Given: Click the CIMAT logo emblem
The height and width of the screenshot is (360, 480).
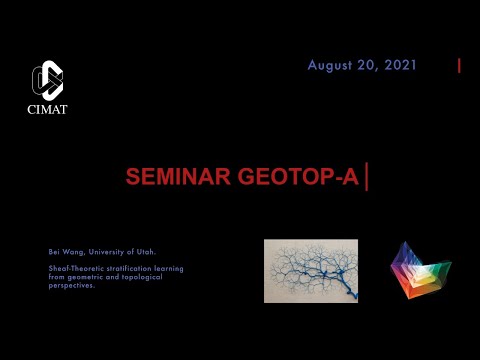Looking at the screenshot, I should pos(47,80).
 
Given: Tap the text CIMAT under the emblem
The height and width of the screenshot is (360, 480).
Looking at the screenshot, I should pos(47,109).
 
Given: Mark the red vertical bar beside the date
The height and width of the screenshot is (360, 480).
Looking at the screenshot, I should pos(459,66).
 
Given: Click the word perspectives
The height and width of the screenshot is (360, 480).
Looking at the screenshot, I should pos(71,285).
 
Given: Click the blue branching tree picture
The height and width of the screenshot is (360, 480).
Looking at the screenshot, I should pos(310,270).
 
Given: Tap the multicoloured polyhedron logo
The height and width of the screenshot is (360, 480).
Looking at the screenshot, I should pos(419,269).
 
